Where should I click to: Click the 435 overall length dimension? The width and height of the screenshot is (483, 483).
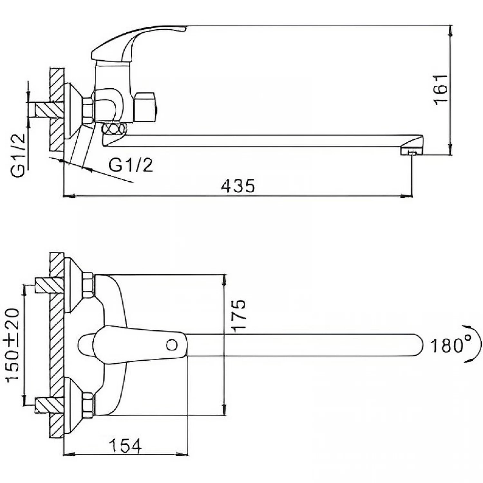tap(238, 186)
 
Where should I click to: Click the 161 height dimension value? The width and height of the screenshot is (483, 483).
tap(441, 90)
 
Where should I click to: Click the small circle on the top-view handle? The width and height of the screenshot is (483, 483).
tap(172, 346)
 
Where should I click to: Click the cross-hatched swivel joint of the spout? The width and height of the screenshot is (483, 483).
tap(114, 129)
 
